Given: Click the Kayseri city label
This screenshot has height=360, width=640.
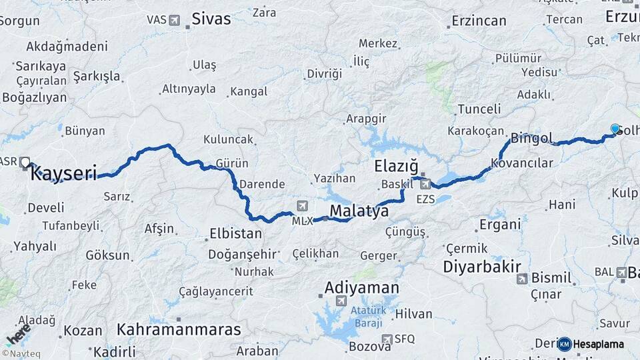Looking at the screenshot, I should click(x=64, y=175).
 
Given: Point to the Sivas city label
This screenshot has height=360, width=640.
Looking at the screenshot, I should click(x=211, y=19).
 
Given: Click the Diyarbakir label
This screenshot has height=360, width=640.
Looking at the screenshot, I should click(x=482, y=267).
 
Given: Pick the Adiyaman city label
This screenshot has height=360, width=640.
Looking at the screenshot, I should click(x=362, y=288).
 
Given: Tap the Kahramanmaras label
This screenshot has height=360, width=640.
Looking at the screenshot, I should click(x=179, y=329).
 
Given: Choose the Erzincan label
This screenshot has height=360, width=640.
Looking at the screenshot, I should click(x=479, y=21).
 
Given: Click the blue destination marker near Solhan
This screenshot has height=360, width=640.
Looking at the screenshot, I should click(x=615, y=129).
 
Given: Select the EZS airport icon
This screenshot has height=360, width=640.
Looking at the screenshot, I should click(x=425, y=183).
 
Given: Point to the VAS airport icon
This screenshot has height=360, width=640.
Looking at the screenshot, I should click(x=174, y=20).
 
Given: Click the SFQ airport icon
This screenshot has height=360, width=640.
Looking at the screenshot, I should click(x=388, y=339).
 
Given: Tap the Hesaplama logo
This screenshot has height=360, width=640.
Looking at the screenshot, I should click(x=592, y=344).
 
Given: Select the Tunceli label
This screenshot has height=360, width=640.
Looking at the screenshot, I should click(x=479, y=109).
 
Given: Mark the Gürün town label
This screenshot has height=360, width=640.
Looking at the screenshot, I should click(x=232, y=163).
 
